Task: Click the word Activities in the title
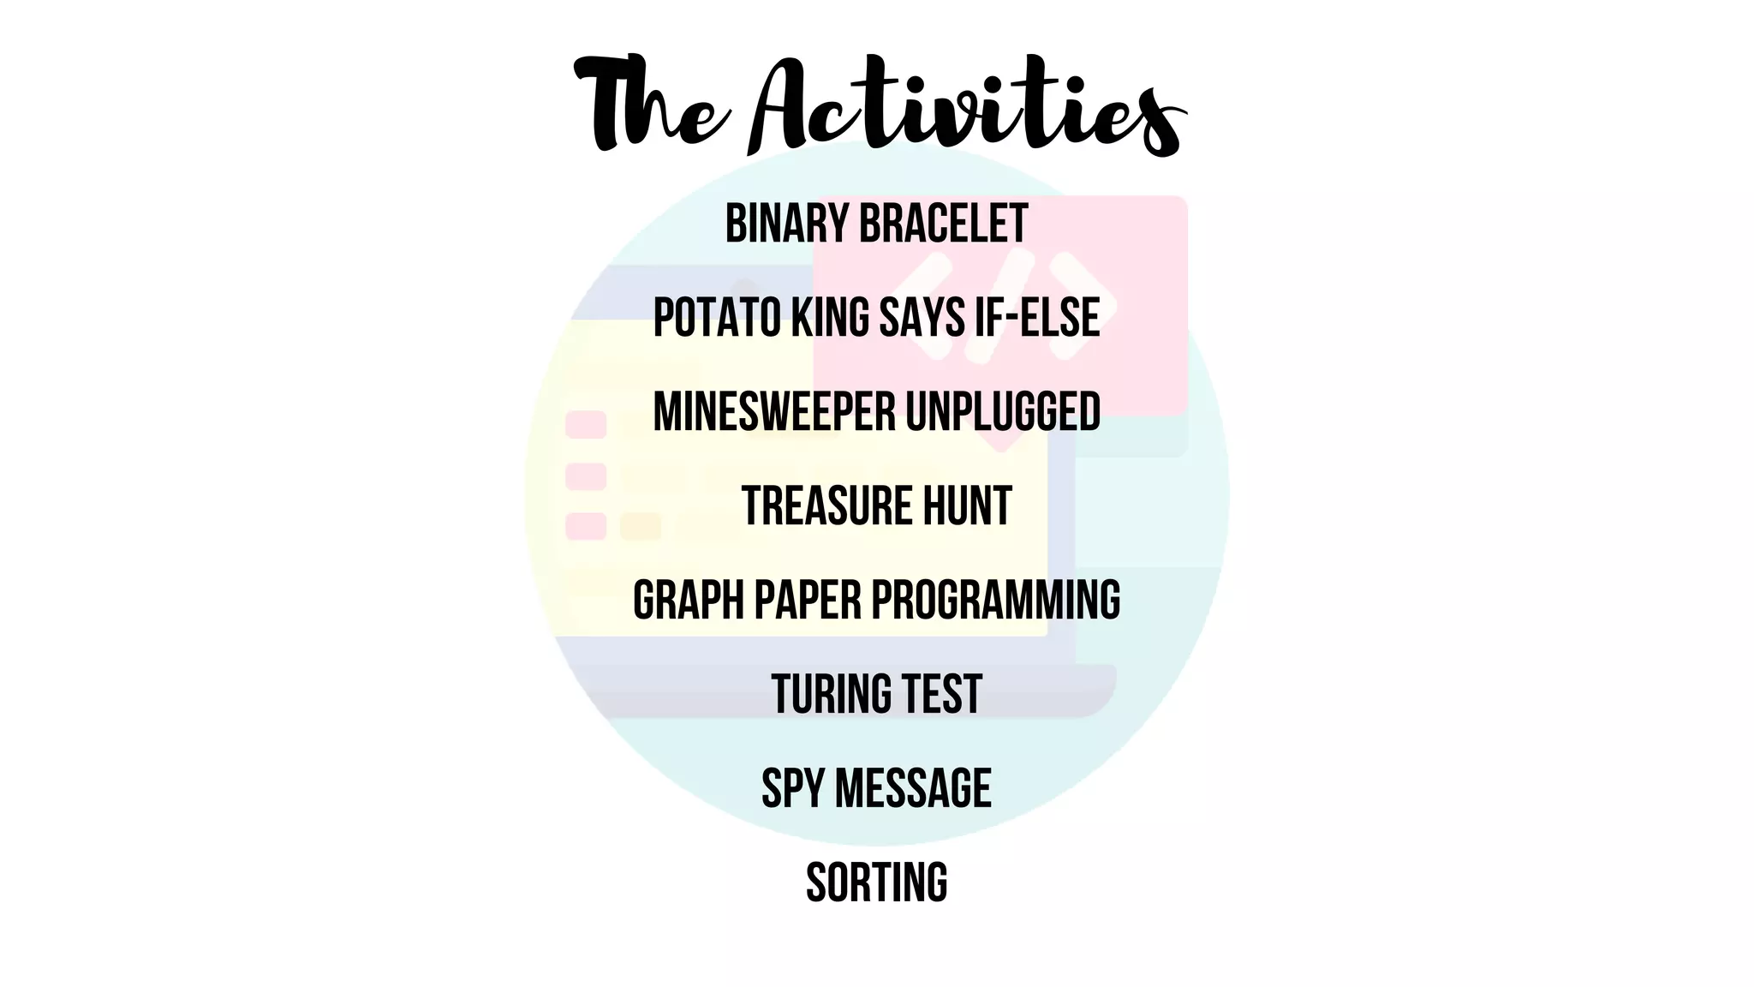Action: coord(968,107)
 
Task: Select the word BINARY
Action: coord(787,224)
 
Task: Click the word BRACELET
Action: coord(942,224)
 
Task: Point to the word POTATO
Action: coord(717,318)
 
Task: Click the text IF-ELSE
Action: coord(1037,318)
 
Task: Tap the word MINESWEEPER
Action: coord(774,412)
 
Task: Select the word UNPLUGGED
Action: coord(1003,412)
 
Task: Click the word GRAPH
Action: coord(689,601)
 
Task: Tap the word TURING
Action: coord(829,695)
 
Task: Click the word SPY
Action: coord(793,789)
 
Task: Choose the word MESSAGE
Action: coord(913,789)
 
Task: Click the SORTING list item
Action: coord(877,883)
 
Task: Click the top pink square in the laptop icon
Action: coord(586,425)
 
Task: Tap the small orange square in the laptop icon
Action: coord(640,526)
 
